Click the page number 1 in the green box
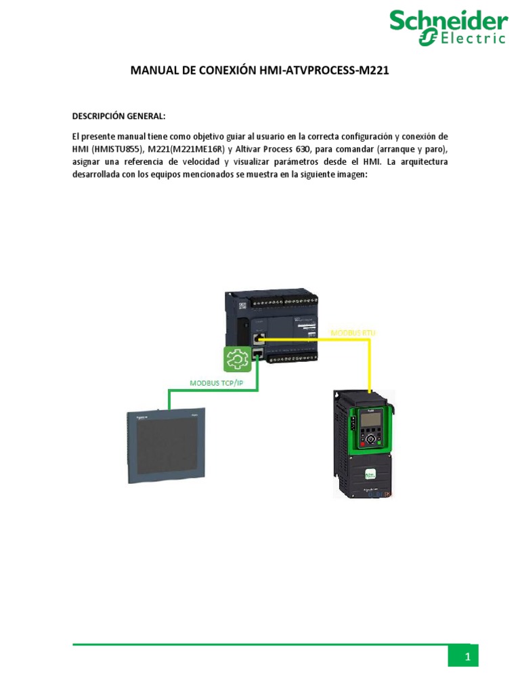(x=467, y=657)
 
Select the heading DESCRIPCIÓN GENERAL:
(x=118, y=117)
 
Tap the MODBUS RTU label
(x=353, y=333)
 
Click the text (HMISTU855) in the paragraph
(x=117, y=149)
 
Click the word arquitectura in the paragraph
(x=423, y=162)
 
